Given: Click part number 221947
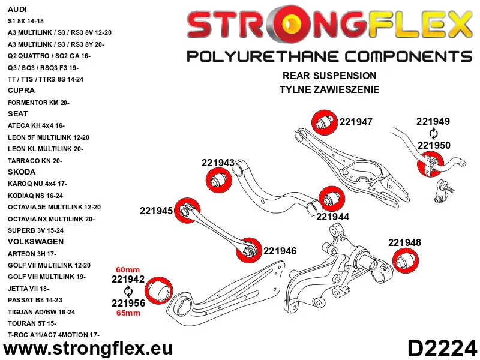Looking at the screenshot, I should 356,122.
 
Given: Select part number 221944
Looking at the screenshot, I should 332,217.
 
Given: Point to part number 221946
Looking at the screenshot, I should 280,251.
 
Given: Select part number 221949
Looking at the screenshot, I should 433,121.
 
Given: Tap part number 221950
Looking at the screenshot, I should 434,145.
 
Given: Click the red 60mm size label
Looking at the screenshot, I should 127,269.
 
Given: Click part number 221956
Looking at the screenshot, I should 128,303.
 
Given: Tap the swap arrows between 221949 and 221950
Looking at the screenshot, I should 433,133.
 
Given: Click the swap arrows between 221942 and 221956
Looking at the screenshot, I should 127,291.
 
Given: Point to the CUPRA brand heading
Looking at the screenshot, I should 21,91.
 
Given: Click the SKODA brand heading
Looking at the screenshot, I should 22,172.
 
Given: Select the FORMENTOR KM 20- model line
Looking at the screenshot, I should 38,103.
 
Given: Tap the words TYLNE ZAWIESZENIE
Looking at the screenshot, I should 329,90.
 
